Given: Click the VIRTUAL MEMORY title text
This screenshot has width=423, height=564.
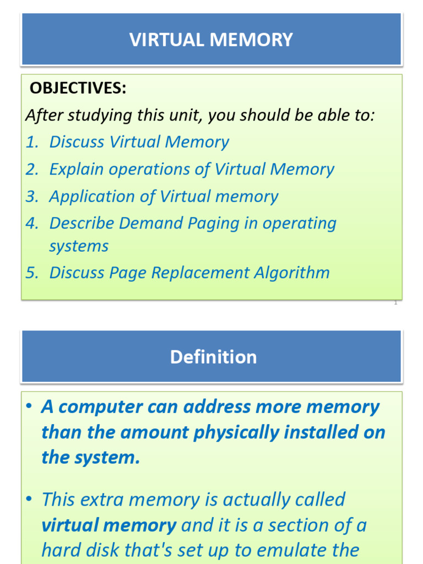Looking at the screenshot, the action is coord(211,40).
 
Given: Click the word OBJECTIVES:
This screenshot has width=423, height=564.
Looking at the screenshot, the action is coord(78,88).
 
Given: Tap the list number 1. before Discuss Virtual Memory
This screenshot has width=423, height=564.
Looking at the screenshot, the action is coord(32,142).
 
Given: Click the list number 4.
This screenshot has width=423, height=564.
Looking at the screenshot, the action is coord(32,224).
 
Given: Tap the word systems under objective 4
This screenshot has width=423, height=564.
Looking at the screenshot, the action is coord(79,246).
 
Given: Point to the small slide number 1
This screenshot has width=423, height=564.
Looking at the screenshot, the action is coord(395,302).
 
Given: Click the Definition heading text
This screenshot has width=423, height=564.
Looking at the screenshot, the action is coord(213,357).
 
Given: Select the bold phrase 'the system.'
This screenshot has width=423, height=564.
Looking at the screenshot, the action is coord(90,457).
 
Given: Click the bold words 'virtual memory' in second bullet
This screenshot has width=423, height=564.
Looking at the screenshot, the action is coord(109,525).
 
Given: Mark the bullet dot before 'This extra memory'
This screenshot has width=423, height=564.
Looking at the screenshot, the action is coord(30,499).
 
